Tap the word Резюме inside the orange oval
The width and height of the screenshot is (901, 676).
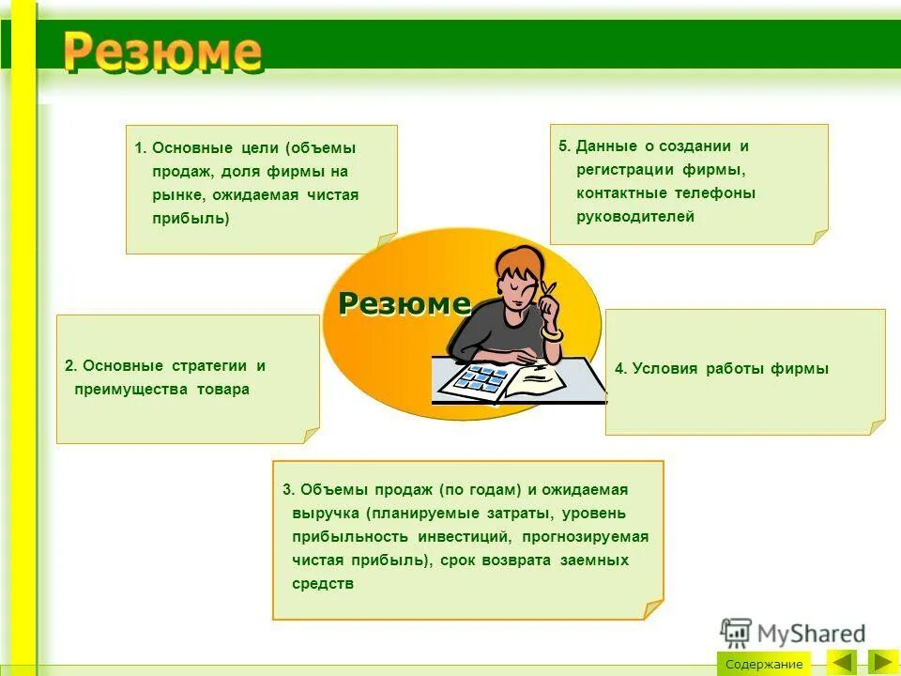[x=404, y=303]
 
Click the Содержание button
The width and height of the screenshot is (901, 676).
[x=764, y=664]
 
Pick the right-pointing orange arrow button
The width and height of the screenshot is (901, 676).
[x=883, y=662]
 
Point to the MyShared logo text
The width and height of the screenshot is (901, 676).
[x=810, y=634]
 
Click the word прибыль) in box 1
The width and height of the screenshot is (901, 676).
[x=191, y=218]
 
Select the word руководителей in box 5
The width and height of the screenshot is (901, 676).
[x=635, y=217]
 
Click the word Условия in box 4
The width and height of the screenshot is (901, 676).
[x=664, y=369]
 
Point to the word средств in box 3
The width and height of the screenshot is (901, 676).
[x=322, y=583]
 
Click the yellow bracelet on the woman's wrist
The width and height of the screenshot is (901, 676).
[x=552, y=334]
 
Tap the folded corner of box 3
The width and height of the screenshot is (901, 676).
[x=652, y=609]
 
